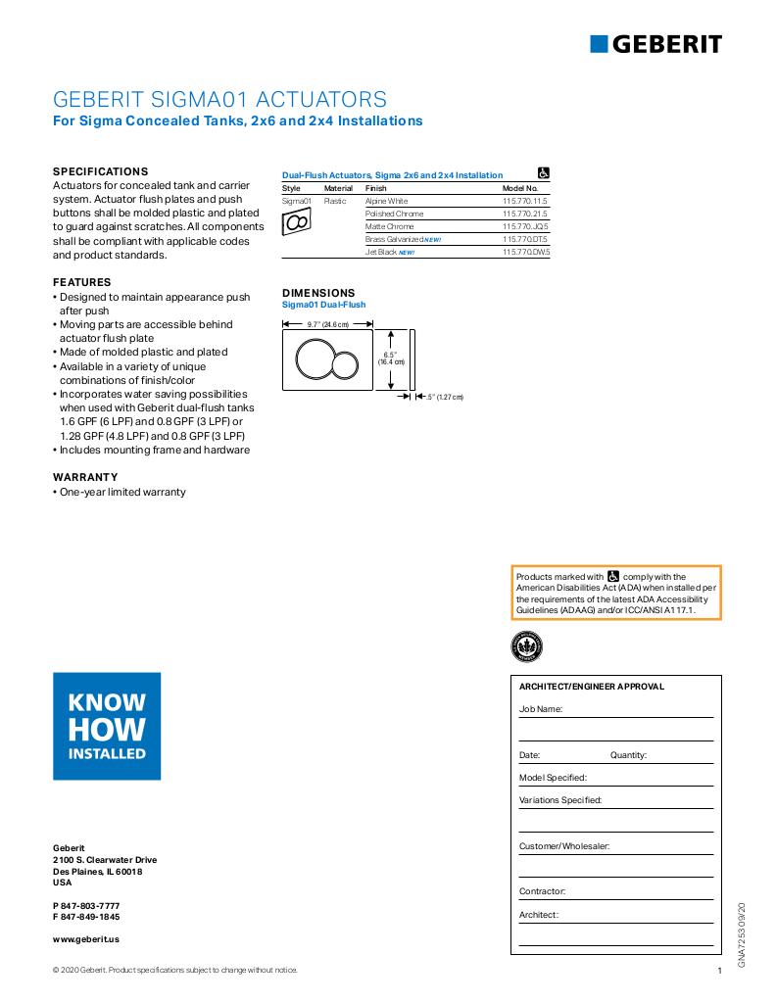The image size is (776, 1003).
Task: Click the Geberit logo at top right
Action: tap(655, 43)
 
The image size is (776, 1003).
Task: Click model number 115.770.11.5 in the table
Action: tap(525, 201)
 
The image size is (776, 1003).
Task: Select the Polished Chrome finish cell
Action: tap(394, 214)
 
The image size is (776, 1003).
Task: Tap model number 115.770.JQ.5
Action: tap(525, 226)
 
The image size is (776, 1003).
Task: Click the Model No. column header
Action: tap(520, 187)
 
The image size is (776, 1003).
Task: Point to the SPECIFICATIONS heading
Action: tap(100, 170)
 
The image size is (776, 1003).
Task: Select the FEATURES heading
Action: tap(81, 282)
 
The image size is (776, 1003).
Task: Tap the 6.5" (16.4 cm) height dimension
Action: tap(392, 358)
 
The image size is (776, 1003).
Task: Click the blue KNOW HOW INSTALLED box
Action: tap(107, 726)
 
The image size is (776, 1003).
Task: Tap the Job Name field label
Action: tap(540, 708)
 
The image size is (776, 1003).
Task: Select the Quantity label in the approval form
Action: tap(628, 755)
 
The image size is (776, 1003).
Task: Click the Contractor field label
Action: tap(542, 891)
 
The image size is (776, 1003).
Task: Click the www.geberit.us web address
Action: tap(86, 938)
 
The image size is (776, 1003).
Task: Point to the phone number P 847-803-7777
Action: tap(86, 906)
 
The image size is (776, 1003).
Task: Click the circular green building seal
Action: tap(527, 646)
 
